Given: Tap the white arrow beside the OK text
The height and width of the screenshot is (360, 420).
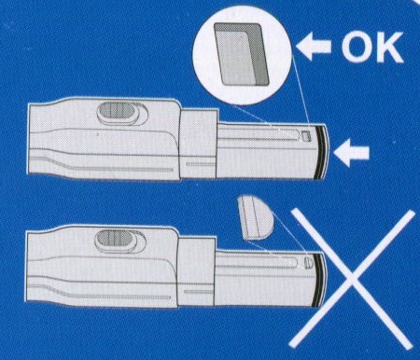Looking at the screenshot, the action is click(314, 47).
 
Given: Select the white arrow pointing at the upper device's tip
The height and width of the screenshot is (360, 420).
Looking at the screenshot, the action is click(351, 153).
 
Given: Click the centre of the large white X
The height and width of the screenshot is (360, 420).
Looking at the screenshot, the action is click(352, 278).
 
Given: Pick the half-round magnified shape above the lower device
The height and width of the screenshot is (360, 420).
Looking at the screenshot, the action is click(256, 217).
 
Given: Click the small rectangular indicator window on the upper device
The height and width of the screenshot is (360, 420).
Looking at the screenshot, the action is click(306, 136).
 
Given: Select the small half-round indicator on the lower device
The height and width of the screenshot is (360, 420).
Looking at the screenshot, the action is click(308, 262).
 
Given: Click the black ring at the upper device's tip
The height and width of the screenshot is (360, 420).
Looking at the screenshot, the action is click(321, 152).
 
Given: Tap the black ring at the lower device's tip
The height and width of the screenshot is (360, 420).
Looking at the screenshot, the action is click(319, 279).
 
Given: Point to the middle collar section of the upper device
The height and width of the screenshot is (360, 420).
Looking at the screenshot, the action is click(199, 144).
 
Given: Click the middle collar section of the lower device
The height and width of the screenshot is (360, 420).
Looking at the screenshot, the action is click(196, 270).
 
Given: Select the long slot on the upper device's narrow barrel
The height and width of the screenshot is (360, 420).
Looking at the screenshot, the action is click(259, 133).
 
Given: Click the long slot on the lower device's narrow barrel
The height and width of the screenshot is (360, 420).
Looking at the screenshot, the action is click(256, 262).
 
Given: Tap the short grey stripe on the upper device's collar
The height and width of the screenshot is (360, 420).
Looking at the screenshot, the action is click(201, 164).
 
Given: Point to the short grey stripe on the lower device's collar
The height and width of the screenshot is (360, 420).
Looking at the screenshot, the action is click(199, 292).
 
